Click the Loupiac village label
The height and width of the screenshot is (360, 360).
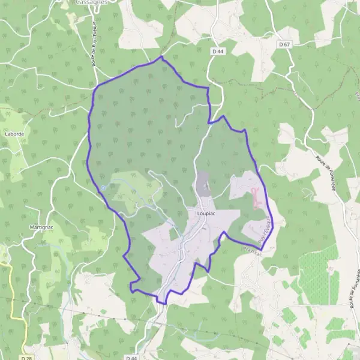tap(205, 213)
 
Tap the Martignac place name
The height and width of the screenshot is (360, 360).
tap(41, 227)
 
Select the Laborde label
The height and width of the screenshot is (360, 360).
tap(13, 134)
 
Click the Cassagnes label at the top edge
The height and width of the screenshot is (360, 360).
tap(91, 2)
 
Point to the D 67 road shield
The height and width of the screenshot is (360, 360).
tap(284, 45)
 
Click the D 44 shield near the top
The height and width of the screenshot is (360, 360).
tap(218, 52)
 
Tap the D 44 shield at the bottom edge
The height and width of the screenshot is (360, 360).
tap(132, 357)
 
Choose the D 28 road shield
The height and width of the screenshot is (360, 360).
tap(26, 358)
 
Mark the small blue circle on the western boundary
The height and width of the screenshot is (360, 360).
tap(103, 188)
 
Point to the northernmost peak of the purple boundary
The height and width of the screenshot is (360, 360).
tap(161, 57)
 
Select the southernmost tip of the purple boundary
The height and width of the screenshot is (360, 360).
tap(163, 303)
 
